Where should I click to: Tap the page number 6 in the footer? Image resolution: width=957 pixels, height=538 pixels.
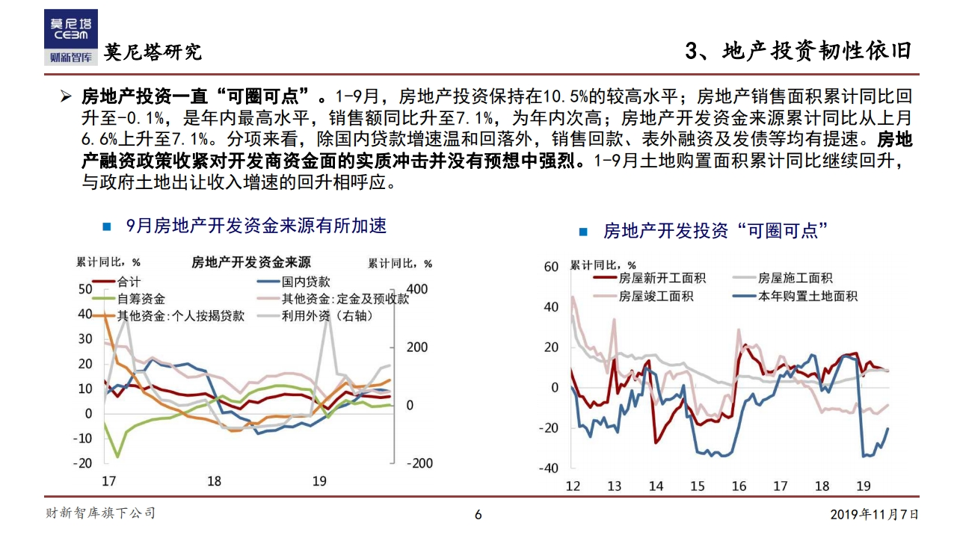point(478,514)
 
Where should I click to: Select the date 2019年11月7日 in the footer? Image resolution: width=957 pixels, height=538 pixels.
point(874,514)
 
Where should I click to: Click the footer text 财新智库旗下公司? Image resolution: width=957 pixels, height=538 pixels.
point(101,513)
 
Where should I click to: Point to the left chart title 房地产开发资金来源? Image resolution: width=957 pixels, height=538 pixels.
point(250,262)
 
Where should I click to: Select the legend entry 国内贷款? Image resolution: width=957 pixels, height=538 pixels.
point(305,282)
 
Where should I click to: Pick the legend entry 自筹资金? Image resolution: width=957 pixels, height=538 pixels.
point(141,299)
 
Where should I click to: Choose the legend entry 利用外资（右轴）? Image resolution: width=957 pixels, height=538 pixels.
point(327,316)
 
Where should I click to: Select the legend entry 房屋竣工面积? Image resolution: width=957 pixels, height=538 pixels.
point(656,297)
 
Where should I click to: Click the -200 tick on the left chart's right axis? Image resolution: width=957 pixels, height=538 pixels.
point(419,463)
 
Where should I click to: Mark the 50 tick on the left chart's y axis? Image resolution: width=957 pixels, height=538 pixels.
point(84,290)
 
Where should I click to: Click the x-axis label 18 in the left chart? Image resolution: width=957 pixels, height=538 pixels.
point(215,481)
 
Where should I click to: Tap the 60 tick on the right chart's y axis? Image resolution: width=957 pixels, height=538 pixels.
point(551,268)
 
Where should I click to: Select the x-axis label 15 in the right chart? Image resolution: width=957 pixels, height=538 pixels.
point(697,486)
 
